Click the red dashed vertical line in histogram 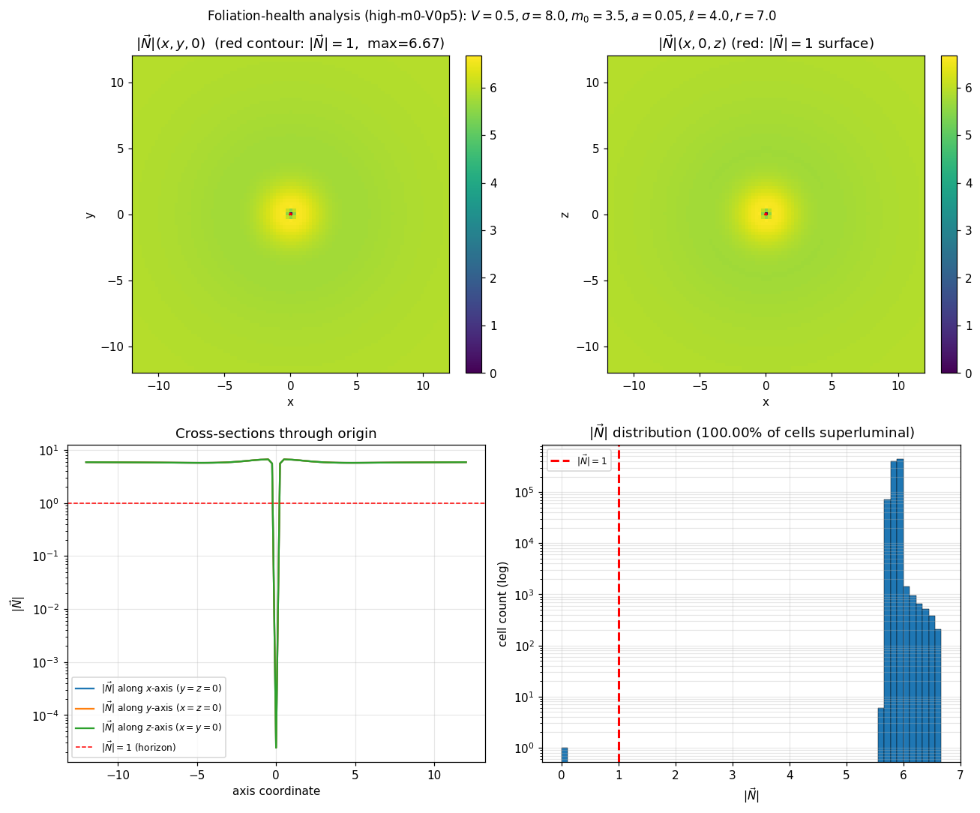coord(619,600)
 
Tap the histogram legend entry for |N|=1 coord(579,461)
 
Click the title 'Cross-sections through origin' coord(276,433)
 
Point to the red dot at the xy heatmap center coord(291,214)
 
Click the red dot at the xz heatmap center coord(766,214)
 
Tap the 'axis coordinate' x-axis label coord(276,791)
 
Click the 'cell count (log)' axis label coord(503,604)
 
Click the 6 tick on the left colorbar coord(493,88)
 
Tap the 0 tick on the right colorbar coord(967,373)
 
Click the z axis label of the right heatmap coord(565,214)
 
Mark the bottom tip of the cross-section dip coord(276,746)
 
